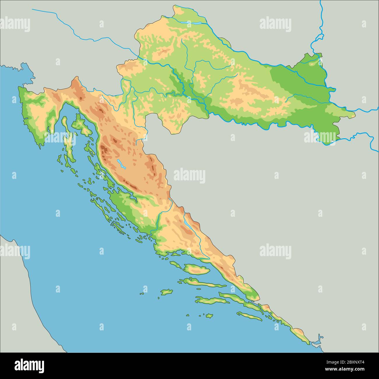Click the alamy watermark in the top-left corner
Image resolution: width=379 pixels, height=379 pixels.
pos(15,24)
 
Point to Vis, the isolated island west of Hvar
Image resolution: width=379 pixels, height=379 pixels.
pos(166,292)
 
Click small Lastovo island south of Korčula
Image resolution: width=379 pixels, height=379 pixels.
pos(208,315)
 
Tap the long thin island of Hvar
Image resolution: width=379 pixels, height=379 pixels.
pos(201,282)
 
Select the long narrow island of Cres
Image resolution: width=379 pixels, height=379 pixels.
pos(68,137)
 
